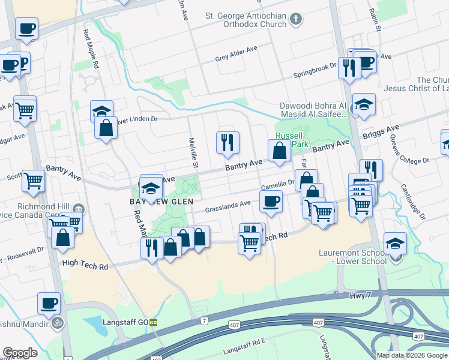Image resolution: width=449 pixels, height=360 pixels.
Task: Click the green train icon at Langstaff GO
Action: click(x=154, y=322)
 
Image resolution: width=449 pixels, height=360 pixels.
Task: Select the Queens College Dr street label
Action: click(x=409, y=161)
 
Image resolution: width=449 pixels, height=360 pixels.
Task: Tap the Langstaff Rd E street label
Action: click(x=244, y=349)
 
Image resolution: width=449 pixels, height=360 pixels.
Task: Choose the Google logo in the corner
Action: click(x=20, y=353)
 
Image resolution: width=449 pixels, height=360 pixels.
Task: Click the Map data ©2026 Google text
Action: click(x=412, y=355)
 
